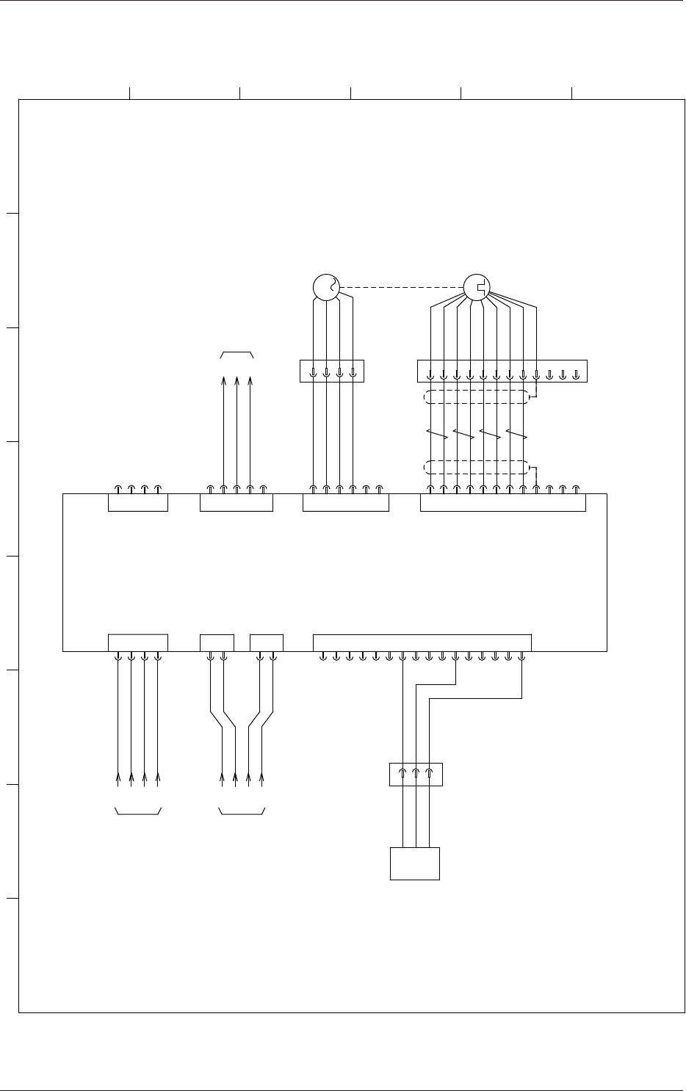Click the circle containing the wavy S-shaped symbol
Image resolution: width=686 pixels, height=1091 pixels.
pyautogui.click(x=325, y=287)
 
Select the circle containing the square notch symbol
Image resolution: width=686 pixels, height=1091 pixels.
pyautogui.click(x=477, y=287)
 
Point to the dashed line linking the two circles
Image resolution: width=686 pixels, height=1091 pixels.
pyautogui.click(x=400, y=287)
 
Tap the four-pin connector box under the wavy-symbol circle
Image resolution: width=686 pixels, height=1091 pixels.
pyautogui.click(x=332, y=371)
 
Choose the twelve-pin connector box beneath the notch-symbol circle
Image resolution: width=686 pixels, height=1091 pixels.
pyautogui.click(x=502, y=371)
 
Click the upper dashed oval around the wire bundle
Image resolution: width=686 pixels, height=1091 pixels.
pyautogui.click(x=476, y=397)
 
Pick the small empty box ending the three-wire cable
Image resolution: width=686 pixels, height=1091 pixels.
pyautogui.click(x=414, y=863)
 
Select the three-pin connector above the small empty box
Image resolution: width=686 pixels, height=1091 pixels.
pyautogui.click(x=416, y=775)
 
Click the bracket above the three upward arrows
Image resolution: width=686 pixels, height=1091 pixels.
pyautogui.click(x=237, y=355)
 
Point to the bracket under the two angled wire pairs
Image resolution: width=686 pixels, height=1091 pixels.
pyautogui.click(x=242, y=811)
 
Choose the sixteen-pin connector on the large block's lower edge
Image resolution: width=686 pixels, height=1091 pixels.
pyautogui.click(x=422, y=642)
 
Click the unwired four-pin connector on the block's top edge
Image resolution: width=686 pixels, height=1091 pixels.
pyautogui.click(x=138, y=502)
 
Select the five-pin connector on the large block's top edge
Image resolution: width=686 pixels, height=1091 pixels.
pyautogui.click(x=237, y=502)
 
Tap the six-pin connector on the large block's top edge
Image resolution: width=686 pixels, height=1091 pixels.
pyautogui.click(x=346, y=502)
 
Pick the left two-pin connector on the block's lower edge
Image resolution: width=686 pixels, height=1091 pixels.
pyautogui.click(x=217, y=642)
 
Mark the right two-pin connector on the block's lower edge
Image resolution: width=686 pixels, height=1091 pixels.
pyautogui.click(x=267, y=642)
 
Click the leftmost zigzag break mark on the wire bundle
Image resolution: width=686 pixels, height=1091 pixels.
pyautogui.click(x=437, y=434)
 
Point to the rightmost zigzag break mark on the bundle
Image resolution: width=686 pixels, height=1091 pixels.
pyautogui.click(x=517, y=434)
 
